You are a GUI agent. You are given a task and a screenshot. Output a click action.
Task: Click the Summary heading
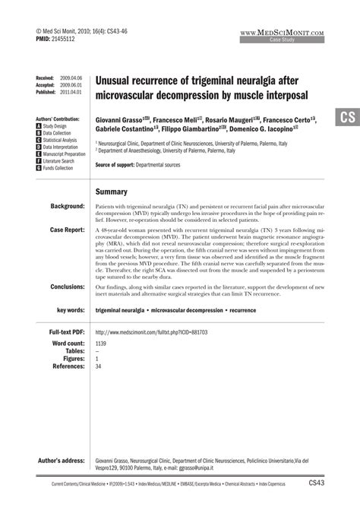[111, 192]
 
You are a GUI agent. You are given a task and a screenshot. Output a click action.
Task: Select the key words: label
[68, 311]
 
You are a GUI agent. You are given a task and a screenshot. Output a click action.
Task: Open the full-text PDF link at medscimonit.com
[151, 332]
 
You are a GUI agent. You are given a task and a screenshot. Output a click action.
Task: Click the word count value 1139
[102, 344]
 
